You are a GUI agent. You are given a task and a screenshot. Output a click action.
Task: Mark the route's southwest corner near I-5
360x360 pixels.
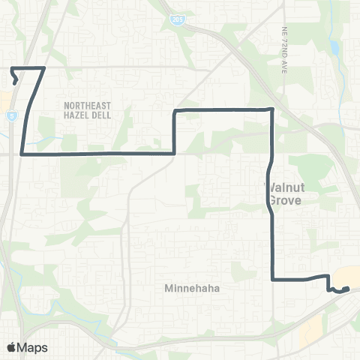[x=22, y=154]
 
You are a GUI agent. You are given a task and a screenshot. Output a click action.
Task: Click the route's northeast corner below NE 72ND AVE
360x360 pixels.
[x=271, y=109]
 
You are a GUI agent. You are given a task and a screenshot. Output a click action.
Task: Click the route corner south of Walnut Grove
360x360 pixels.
[x=271, y=280]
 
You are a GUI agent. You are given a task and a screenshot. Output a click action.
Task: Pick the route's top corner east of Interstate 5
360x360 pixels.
[x=45, y=68]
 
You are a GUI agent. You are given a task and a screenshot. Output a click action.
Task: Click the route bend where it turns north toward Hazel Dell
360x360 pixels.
[x=175, y=153]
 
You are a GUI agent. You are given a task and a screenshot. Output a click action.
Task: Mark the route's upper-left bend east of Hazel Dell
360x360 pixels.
[x=175, y=111]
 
